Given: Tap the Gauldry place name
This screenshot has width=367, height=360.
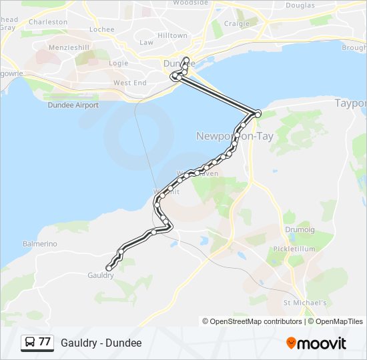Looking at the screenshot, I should click(x=101, y=275).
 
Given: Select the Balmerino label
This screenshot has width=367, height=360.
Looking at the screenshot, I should click(x=40, y=244).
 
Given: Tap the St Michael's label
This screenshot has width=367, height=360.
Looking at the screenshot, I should click(x=305, y=303).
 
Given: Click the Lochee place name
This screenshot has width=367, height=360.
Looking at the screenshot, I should click(x=102, y=29).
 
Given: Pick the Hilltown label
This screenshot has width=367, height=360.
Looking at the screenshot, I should click(x=153, y=35).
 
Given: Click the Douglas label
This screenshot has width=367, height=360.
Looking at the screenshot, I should click(x=300, y=5).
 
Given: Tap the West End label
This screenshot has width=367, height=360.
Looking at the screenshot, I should click(x=129, y=83).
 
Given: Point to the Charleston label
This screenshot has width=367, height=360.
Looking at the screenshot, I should click(x=48, y=22).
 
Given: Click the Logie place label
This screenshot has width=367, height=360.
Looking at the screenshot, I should click(x=118, y=63).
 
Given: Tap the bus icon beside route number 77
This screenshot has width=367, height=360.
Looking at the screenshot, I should click(x=30, y=343).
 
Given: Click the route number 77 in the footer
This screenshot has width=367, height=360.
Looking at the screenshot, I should click(x=45, y=343).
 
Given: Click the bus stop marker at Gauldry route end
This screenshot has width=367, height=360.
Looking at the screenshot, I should click(x=109, y=268).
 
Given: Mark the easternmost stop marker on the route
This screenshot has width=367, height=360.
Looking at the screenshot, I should click(x=258, y=114).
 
